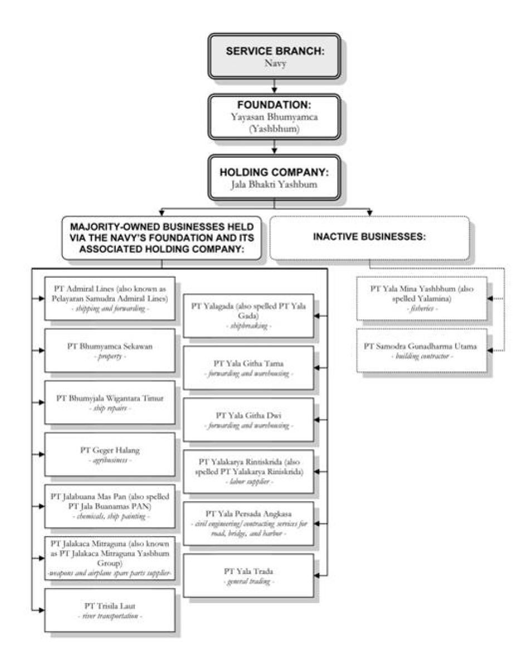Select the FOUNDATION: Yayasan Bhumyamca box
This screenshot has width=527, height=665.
tap(274, 116)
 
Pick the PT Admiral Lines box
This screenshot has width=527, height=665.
tap(109, 298)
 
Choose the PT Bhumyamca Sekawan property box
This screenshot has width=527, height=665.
tap(109, 350)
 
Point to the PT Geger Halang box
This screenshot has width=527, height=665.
tap(109, 454)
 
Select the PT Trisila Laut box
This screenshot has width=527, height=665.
tap(109, 609)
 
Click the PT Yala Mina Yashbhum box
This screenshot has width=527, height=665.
tap(422, 298)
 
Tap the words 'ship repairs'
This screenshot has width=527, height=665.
tap(109, 409)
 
